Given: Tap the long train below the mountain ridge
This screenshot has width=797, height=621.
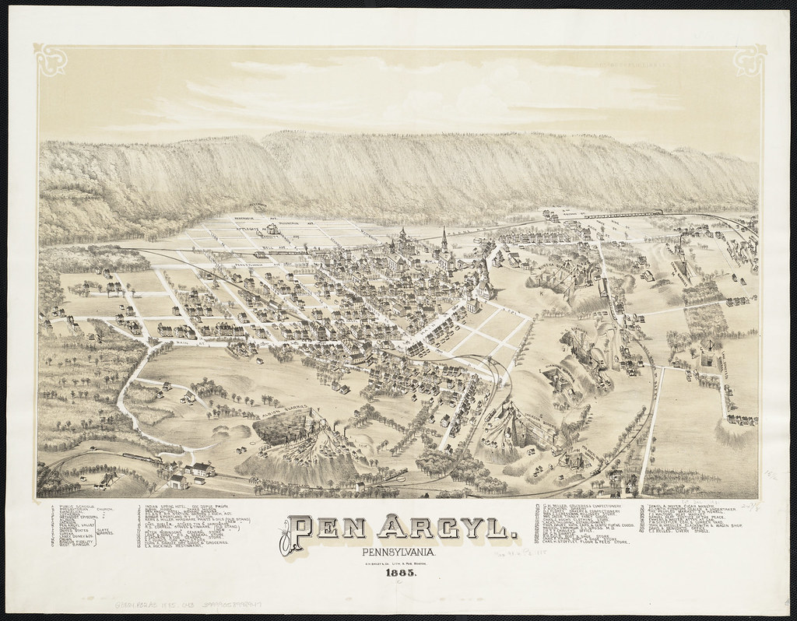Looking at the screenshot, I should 623,212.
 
